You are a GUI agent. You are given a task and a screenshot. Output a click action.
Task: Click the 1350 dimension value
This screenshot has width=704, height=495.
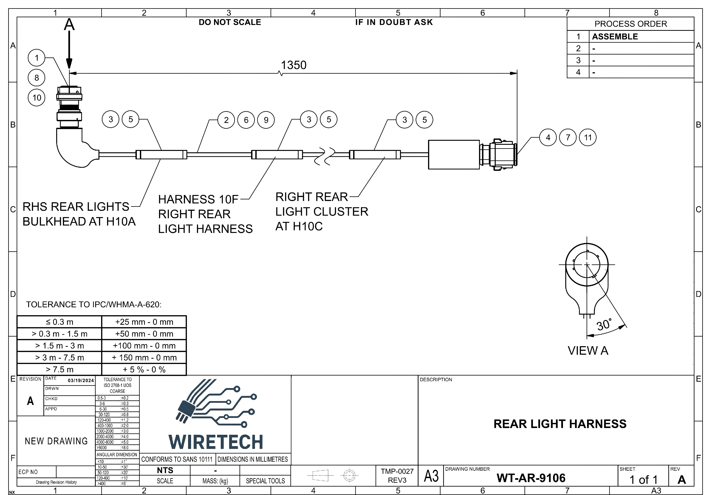pos(294,65)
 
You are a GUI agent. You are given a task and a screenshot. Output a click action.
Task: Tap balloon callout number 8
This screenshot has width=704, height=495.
pos(36,78)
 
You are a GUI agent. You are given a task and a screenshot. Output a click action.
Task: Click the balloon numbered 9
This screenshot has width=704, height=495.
pos(266,120)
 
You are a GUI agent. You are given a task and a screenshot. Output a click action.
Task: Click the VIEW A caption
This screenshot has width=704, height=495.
pos(587,350)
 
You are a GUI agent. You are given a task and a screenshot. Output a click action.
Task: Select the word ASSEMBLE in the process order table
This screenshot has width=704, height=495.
pos(615,37)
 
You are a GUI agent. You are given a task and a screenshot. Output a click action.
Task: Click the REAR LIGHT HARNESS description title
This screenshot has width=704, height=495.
pos(560,424)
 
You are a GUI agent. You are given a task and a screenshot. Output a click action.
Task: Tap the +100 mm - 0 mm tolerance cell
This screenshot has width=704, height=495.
pos(144,346)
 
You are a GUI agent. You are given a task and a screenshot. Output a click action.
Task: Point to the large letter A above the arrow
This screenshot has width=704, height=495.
pos(69,24)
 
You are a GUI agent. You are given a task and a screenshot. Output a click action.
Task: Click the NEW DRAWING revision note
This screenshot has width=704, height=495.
pos(56,441)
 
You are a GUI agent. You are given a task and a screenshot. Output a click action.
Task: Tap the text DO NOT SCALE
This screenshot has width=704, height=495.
pos(230,22)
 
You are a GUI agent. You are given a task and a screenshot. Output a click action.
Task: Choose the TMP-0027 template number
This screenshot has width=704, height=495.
pos(397,471)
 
